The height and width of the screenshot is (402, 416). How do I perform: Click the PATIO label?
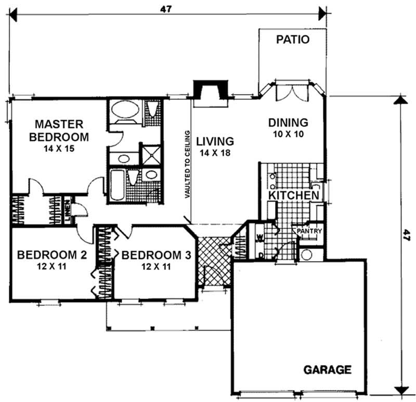[x=293, y=40]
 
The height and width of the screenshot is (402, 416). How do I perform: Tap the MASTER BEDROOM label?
[x=59, y=131]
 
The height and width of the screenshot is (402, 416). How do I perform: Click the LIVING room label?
[x=214, y=141]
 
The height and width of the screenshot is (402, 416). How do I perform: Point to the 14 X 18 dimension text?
[x=214, y=153]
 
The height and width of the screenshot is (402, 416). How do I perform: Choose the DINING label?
[x=288, y=123]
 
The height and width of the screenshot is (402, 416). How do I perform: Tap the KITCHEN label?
[x=294, y=195]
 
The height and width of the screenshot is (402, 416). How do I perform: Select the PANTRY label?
[x=310, y=231]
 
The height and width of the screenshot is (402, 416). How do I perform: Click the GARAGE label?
[x=327, y=370]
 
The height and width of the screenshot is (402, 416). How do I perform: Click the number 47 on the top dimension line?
[x=167, y=9]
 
